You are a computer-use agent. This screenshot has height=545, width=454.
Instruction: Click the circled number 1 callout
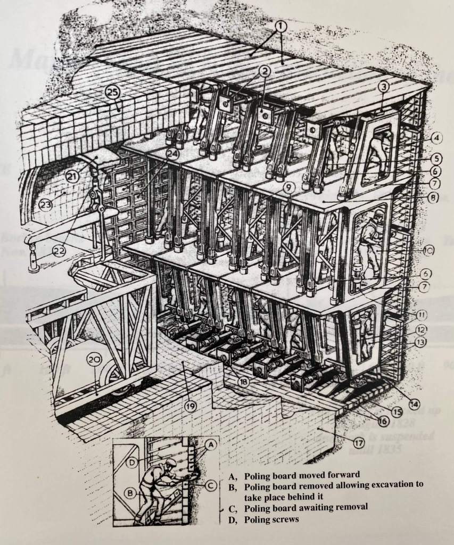pos(280,25)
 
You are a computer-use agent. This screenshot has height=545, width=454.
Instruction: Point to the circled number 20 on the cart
pos(94,361)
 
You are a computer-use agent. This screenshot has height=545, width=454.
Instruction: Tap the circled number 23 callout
pos(45,204)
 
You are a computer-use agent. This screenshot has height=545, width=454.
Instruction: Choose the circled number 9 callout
pos(288,187)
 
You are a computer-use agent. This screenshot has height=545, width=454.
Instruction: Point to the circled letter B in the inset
pos(130,493)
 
